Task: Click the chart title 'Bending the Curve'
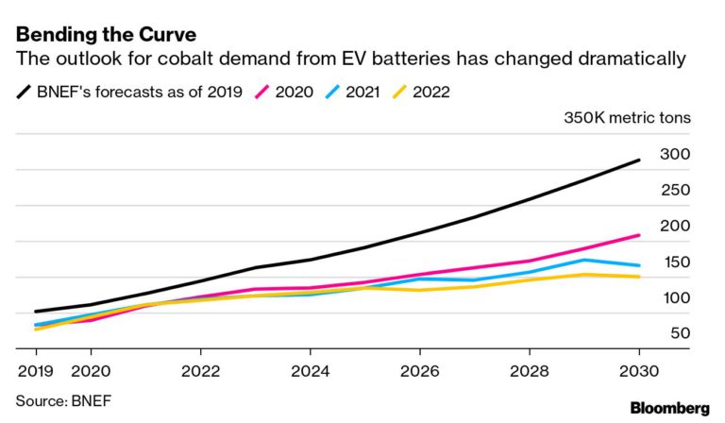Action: pyautogui.click(x=105, y=35)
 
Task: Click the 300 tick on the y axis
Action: pyautogui.click(x=674, y=154)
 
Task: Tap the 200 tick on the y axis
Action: pyautogui.click(x=674, y=226)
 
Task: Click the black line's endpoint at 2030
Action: pyautogui.click(x=639, y=161)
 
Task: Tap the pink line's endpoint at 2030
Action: pyautogui.click(x=639, y=235)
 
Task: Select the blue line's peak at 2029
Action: pyautogui.click(x=584, y=260)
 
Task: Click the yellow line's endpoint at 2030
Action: pyautogui.click(x=639, y=277)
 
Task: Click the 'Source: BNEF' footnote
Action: pyautogui.click(x=63, y=400)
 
